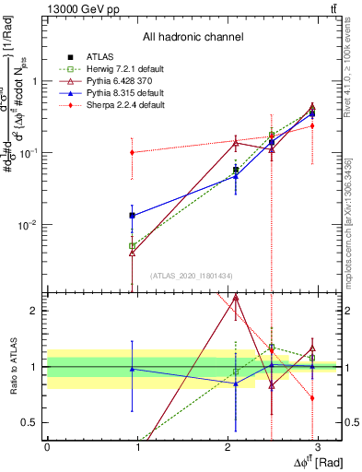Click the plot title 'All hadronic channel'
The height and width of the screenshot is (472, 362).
click(x=193, y=37)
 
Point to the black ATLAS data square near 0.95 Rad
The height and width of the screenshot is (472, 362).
click(x=133, y=215)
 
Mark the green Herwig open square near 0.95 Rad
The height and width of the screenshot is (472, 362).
click(x=133, y=245)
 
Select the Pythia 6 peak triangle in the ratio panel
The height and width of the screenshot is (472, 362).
click(x=236, y=298)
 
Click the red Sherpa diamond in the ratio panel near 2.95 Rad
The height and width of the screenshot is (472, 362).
click(x=312, y=398)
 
